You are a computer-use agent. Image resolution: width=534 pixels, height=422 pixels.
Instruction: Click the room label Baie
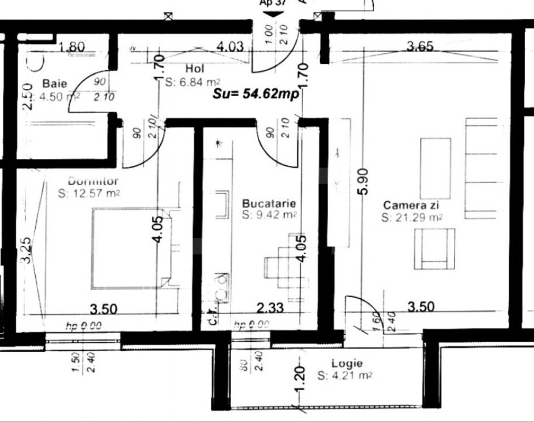click(x=55, y=84)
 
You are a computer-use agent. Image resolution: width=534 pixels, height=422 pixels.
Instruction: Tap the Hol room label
click(x=195, y=69)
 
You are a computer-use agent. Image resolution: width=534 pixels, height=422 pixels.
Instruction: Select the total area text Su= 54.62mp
click(x=256, y=94)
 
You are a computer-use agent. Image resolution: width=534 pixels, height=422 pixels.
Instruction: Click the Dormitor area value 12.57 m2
click(x=89, y=192)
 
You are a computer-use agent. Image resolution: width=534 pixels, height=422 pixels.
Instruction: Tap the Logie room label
click(x=347, y=363)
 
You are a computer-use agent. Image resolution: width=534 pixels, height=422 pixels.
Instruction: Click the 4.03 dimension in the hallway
click(x=229, y=47)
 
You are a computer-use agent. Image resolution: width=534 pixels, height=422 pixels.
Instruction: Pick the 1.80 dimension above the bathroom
click(x=72, y=47)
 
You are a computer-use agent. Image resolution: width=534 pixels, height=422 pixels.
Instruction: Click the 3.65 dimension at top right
click(x=420, y=47)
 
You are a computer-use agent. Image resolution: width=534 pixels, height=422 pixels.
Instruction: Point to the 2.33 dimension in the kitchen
click(x=270, y=308)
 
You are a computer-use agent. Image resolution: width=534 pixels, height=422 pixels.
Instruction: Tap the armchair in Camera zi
click(x=434, y=248)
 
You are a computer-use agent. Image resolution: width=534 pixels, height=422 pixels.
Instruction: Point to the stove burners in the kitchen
click(x=222, y=287)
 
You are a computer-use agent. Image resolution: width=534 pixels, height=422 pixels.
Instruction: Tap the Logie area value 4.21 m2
click(x=345, y=376)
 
